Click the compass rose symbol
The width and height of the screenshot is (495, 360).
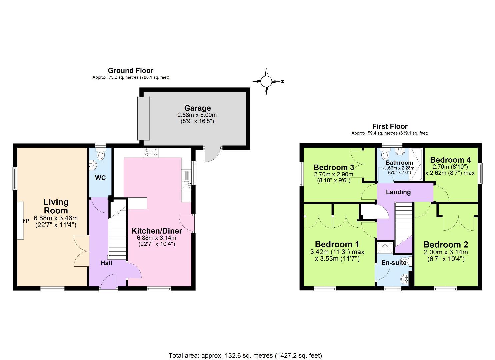[x=266, y=81]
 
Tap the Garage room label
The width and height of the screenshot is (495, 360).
[x=197, y=108]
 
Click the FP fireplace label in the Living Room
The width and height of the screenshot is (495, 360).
[x=26, y=221]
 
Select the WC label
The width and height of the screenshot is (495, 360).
[x=100, y=178]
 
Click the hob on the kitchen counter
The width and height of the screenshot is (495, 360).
[x=151, y=153]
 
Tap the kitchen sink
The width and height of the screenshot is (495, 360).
[x=186, y=184]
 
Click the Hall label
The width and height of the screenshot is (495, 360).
[x=106, y=263]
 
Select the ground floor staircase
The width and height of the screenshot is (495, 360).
[x=118, y=233]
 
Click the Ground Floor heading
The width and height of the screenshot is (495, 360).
[x=131, y=71]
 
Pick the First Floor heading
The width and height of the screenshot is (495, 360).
[x=390, y=126]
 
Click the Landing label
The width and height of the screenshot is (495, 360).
[x=398, y=192]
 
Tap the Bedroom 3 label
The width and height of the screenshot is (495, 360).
[x=334, y=167]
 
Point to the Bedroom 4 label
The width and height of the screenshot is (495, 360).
[x=450, y=160]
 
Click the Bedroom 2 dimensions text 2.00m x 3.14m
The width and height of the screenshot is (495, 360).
[x=446, y=252]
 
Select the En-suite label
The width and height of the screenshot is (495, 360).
[x=394, y=263]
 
